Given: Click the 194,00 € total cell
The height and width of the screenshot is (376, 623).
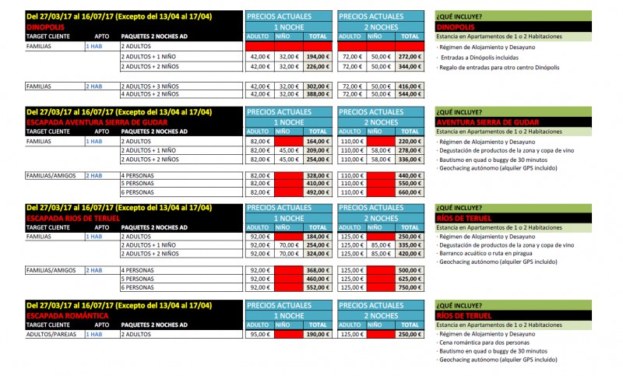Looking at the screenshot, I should coord(318,56).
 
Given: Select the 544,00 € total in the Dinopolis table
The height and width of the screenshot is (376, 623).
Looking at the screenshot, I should coord(410,93).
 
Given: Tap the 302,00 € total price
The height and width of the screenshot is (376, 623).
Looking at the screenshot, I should coord(318,85).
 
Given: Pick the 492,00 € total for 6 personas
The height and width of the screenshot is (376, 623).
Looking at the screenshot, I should coord(318,192).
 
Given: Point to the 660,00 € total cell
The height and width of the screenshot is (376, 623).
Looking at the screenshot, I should coord(410,192).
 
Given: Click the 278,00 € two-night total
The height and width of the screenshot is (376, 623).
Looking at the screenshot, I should coord(410,149).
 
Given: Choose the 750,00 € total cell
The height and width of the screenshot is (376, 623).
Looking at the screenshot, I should coord(410,286).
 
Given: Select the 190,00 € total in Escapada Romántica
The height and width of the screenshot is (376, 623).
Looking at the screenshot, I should coord(318,333).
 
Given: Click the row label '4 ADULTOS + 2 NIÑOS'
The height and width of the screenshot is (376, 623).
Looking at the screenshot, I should coord(150,93).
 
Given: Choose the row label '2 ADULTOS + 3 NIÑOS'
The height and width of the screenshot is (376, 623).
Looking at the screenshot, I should coord(150,85).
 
